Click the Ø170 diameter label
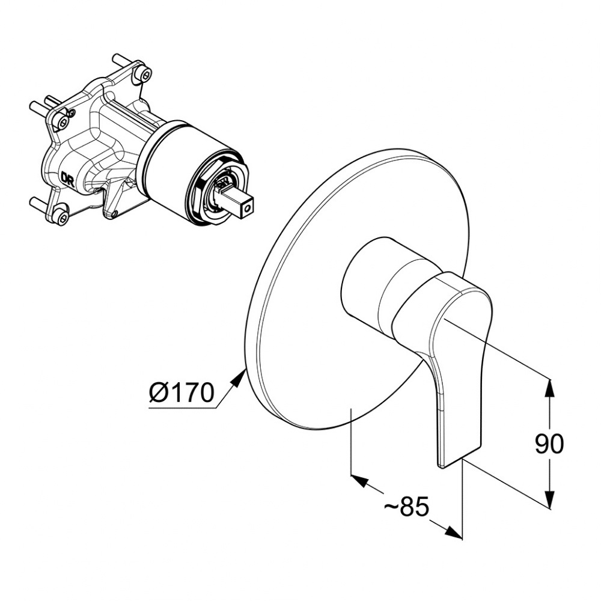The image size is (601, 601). [182, 392]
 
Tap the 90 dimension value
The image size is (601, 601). [549, 444]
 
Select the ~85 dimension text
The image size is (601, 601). [407, 507]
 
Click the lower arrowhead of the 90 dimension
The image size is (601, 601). [550, 500]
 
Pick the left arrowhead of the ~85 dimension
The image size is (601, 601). [360, 480]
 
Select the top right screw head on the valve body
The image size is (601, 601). [145, 75]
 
